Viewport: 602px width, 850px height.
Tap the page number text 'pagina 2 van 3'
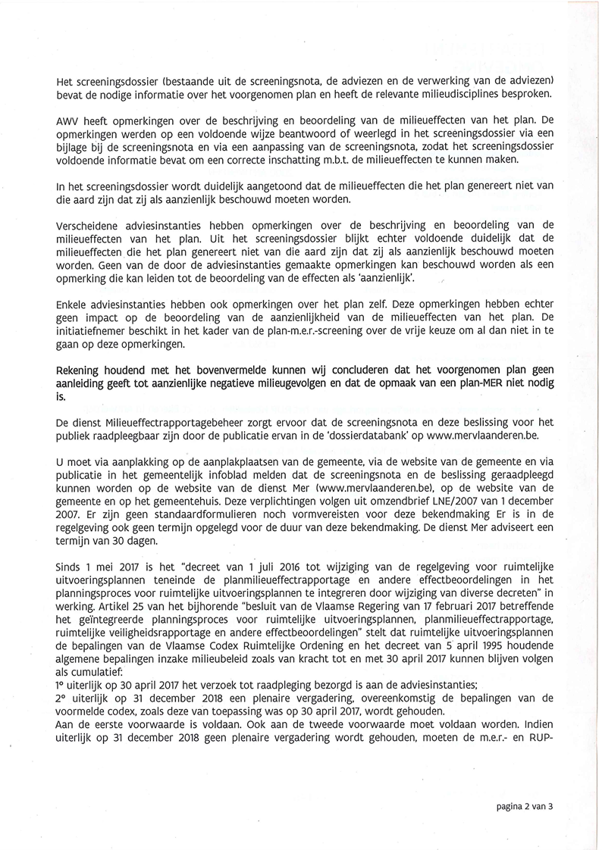(x=526, y=807)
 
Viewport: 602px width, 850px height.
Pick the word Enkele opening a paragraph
(x=73, y=304)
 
